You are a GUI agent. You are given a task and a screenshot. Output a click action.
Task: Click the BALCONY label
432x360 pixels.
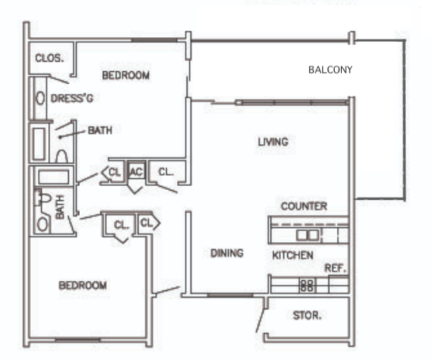coord(331,70)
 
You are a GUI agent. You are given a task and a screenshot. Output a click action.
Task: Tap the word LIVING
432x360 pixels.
coord(273,142)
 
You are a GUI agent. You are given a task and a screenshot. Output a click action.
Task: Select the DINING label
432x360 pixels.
coord(227,253)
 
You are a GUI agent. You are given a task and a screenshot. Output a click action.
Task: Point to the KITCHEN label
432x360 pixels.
coord(293,256)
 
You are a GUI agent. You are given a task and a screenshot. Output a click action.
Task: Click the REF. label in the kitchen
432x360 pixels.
coord(335,268)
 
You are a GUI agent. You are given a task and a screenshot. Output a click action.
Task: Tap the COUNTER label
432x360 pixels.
coord(304,207)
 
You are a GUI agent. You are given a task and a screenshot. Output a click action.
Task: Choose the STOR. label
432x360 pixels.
coord(307,316)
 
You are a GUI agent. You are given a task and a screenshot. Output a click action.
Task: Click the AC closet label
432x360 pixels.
coord(136,172)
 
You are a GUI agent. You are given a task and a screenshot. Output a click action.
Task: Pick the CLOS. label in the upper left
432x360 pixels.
coord(49,58)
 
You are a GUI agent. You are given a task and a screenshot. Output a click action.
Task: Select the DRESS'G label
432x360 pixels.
coord(72,98)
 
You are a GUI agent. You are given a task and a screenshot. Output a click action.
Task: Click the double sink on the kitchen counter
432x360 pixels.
coord(307,235)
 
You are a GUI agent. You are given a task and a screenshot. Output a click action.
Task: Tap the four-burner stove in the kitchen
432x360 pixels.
coord(307,286)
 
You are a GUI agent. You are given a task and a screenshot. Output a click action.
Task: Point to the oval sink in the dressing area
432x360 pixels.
coord(40,98)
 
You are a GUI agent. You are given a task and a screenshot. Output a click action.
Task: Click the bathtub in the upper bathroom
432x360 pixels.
coord(39,144)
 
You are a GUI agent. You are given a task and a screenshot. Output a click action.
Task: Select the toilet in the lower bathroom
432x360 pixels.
coord(44,198)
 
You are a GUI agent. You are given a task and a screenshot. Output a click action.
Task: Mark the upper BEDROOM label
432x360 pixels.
coord(126,75)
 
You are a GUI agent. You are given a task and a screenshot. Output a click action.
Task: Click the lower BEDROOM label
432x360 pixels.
coord(82,286)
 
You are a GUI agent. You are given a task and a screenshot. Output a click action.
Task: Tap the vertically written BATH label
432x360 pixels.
coord(60,207)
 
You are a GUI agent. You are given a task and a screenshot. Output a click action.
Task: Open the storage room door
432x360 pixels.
coord(260,320)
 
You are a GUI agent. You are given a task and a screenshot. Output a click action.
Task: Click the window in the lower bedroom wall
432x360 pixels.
coord(78,340)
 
